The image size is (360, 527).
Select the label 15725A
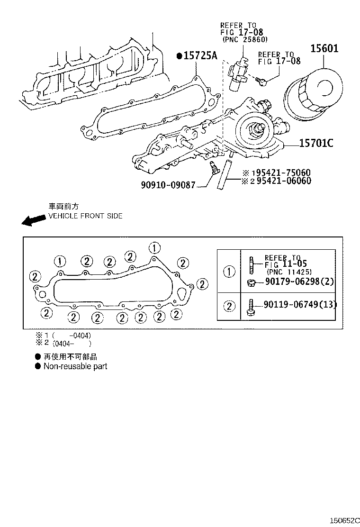[x=200, y=56]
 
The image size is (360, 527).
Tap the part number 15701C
[x=316, y=142]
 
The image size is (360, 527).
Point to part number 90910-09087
[x=168, y=185]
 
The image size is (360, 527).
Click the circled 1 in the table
[x=229, y=272]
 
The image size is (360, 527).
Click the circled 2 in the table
[x=229, y=306]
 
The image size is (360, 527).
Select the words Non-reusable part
[x=75, y=366]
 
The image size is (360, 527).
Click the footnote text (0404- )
[x=72, y=343]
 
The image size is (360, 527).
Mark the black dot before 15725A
[x=179, y=56]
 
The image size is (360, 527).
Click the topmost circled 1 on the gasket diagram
[x=154, y=247]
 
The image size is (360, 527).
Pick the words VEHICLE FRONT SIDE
[x=85, y=216]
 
